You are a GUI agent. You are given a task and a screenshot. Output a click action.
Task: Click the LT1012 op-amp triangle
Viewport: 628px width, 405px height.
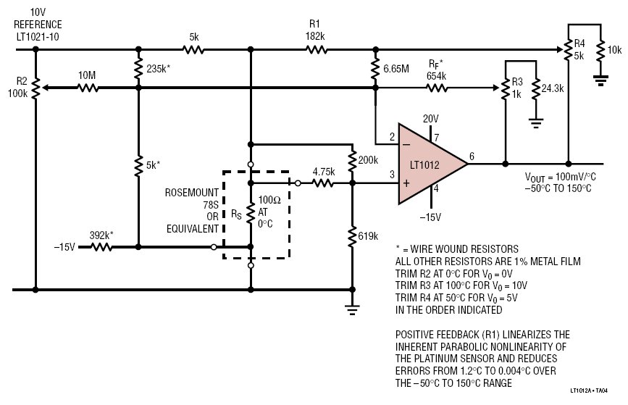point(429,164)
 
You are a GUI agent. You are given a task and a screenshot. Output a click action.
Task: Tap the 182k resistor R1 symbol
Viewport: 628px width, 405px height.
point(317,50)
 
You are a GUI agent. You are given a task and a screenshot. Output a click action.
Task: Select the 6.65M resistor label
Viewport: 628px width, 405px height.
point(396,69)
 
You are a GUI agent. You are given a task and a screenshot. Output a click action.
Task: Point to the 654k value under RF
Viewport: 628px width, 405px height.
point(436,76)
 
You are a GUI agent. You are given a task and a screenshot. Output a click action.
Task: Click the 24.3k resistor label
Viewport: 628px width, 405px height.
point(553,88)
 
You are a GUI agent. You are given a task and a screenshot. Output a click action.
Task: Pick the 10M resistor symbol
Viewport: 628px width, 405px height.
point(88,88)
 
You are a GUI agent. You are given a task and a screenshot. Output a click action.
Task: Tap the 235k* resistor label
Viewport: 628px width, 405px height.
point(158,69)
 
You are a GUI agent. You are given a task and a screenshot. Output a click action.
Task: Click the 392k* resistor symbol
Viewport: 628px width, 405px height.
point(101,247)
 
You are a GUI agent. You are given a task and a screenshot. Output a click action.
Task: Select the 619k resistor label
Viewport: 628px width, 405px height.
point(368,236)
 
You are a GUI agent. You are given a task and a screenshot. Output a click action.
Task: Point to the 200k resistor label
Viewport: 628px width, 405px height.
point(368,160)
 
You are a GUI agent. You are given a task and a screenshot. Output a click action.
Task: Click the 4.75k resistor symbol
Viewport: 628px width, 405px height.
point(323,183)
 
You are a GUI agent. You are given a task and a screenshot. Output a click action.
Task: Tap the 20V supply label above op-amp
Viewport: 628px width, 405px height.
point(430,119)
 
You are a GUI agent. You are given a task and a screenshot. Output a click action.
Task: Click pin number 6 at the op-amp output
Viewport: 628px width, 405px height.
point(472,156)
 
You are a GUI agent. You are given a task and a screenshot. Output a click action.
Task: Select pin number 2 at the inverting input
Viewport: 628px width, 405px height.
point(392,137)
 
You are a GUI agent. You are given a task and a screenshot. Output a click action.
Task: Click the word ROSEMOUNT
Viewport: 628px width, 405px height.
point(192,193)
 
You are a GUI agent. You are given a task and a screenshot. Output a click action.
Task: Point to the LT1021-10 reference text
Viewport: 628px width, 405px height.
point(38,37)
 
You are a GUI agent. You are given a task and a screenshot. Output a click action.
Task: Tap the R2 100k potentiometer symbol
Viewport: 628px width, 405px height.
point(35,88)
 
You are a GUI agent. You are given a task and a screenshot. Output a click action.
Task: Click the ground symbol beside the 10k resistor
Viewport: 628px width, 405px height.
point(600,80)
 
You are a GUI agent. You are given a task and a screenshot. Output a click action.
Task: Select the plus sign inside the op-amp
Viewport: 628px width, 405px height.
point(406,183)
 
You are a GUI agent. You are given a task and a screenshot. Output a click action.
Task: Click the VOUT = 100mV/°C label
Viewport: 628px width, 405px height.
point(561,177)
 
